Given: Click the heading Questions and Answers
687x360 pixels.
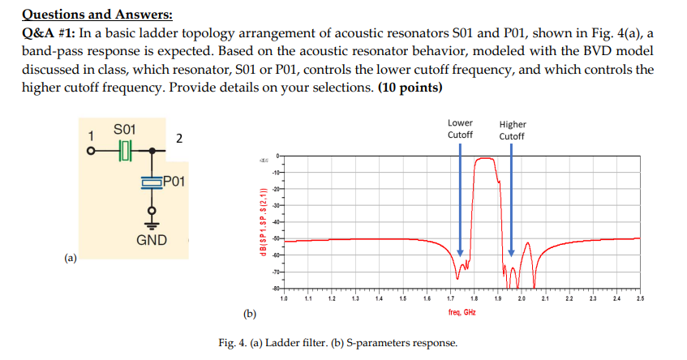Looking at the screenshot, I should [97, 15].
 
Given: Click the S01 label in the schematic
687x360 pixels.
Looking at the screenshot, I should [126, 129].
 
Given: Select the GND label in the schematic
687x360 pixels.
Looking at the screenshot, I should [152, 240].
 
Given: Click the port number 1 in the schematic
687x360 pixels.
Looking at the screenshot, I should [92, 135].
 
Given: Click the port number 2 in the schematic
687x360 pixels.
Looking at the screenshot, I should [179, 139].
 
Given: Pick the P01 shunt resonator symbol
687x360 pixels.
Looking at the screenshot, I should [151, 182].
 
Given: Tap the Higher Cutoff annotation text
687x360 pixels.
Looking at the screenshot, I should [512, 130].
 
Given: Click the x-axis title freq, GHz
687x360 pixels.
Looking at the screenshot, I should [463, 311].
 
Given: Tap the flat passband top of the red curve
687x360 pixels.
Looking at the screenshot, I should [486, 159].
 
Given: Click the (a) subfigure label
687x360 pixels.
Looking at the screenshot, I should [71, 259].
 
